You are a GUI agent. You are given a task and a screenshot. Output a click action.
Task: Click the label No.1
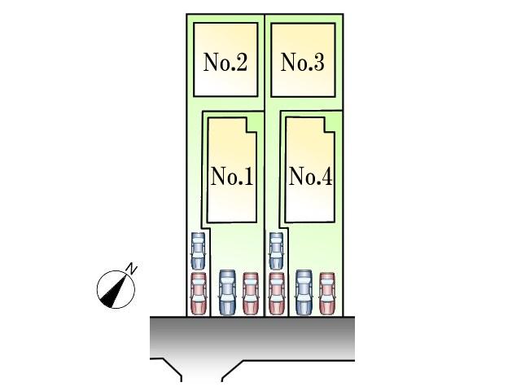click(232, 177)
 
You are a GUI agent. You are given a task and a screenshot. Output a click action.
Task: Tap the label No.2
click(225, 63)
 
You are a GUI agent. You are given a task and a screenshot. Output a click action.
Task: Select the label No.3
click(302, 63)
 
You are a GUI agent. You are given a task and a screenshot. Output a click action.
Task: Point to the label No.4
click(310, 177)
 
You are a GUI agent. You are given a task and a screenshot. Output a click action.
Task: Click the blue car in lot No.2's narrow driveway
click(198, 250)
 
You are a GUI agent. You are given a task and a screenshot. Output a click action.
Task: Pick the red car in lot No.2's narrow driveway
click(198, 293)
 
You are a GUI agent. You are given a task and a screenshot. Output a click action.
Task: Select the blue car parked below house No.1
click(227, 292)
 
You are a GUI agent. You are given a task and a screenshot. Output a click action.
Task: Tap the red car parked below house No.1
click(251, 293)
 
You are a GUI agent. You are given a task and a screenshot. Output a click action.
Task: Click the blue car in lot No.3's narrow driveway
click(276, 250)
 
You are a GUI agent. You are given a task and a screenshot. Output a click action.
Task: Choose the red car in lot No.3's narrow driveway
click(276, 293)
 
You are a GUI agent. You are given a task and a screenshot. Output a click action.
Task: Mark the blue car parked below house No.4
click(304, 292)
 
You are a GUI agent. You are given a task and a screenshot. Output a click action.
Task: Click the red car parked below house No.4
click(327, 293)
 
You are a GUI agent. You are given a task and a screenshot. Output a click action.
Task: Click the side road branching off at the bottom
click(202, 371)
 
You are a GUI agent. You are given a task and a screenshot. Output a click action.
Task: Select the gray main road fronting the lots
click(252, 336)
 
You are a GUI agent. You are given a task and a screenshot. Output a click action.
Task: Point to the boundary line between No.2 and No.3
click(265, 61)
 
